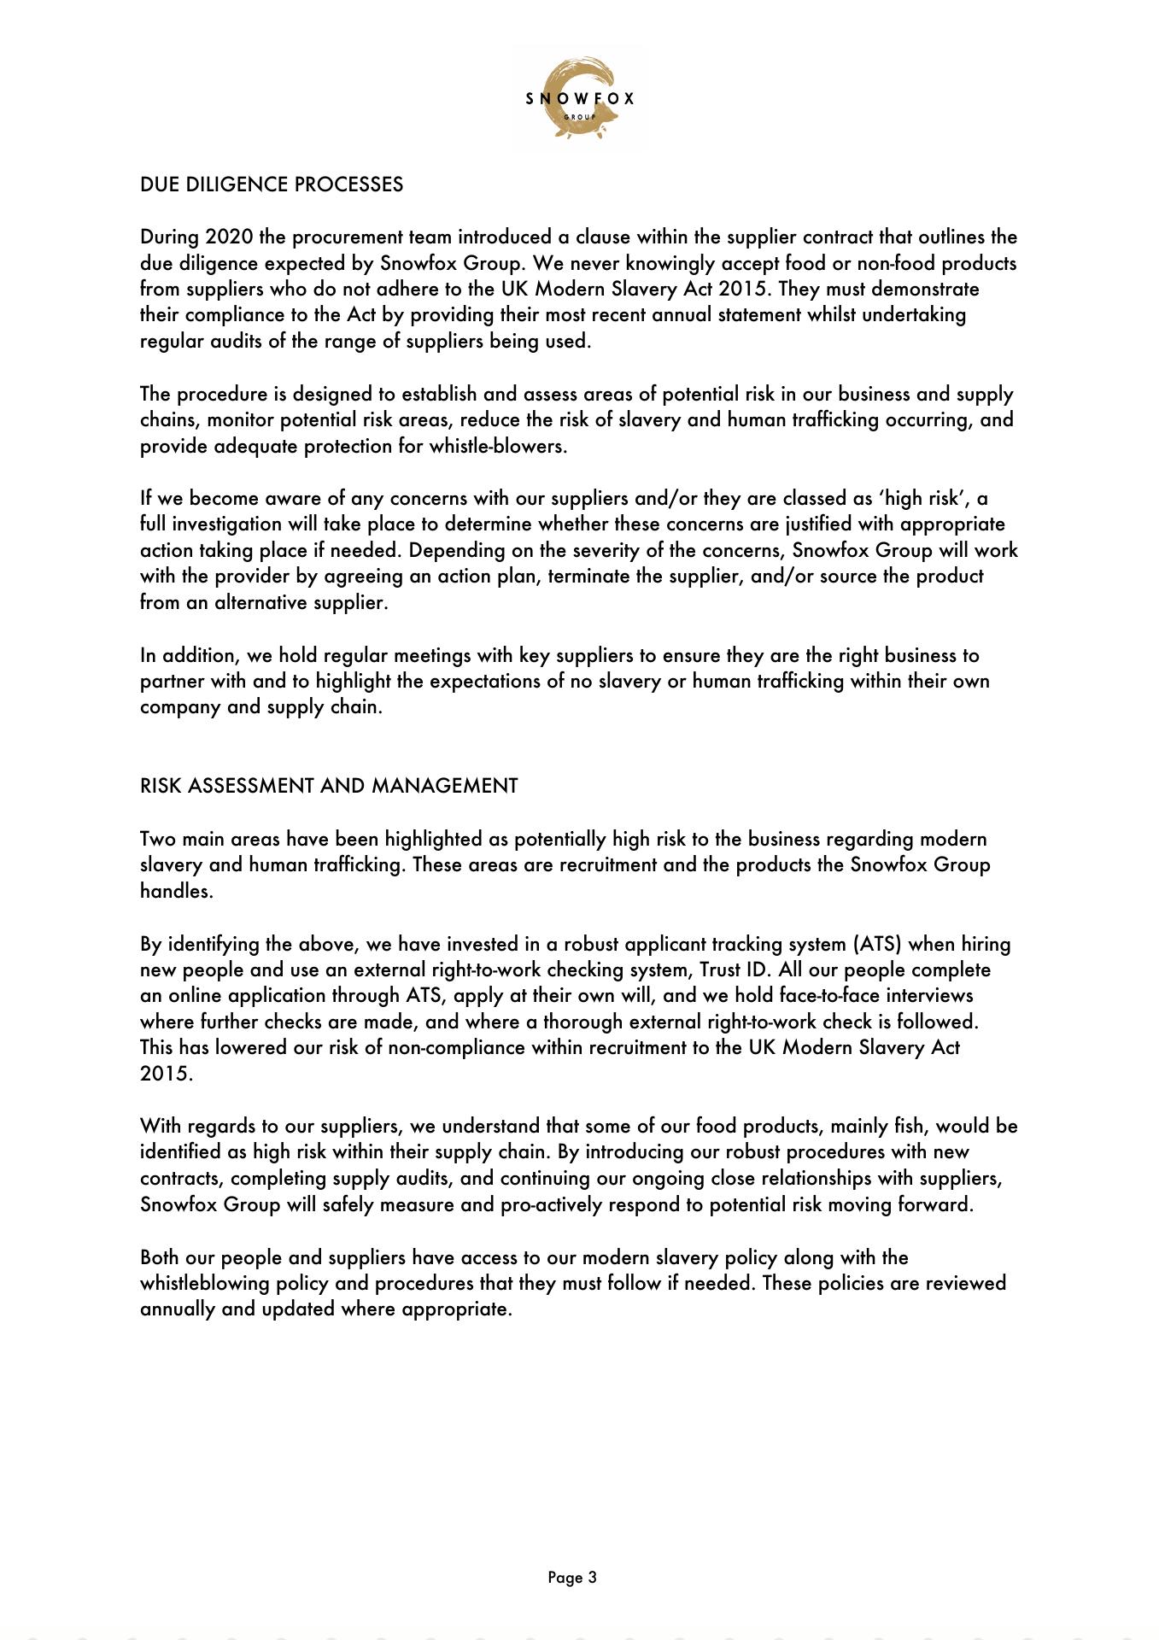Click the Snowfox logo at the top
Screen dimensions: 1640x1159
click(x=580, y=98)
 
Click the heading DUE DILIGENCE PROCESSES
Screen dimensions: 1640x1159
click(x=272, y=184)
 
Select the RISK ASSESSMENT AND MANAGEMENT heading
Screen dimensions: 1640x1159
click(x=329, y=786)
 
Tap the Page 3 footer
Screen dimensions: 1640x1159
click(x=572, y=1578)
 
